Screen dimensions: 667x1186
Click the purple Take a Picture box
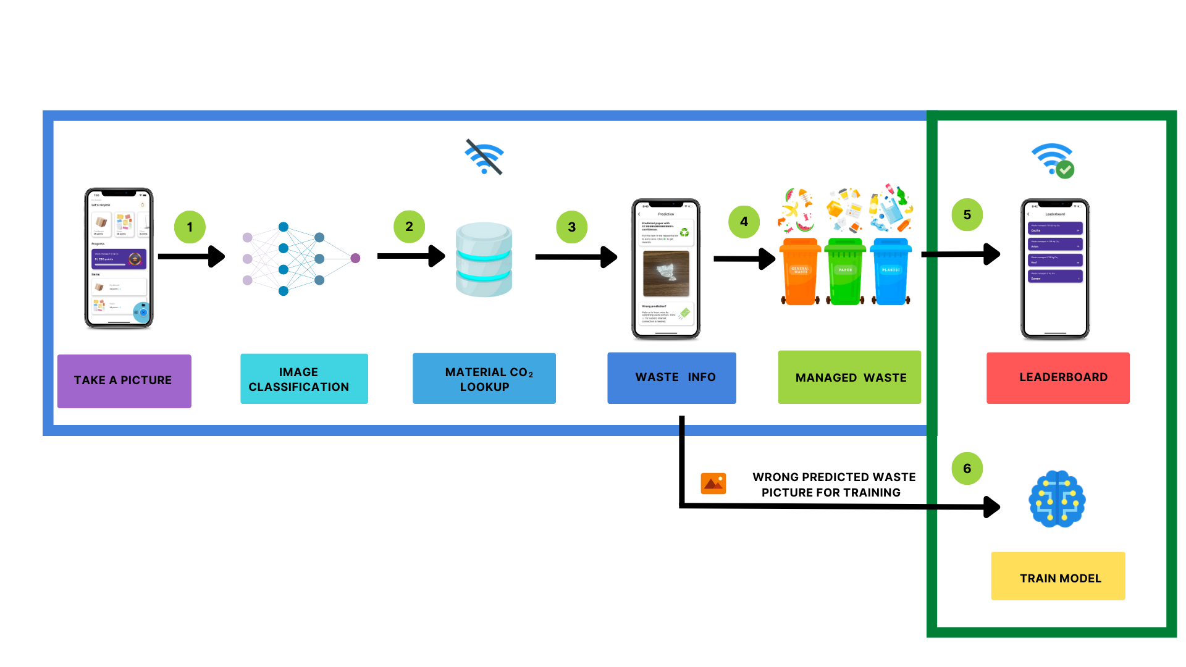pos(124,380)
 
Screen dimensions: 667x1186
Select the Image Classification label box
pos(304,379)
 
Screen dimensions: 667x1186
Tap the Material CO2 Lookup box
pos(484,379)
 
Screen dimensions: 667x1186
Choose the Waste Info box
pos(671,378)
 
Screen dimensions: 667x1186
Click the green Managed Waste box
pos(849,377)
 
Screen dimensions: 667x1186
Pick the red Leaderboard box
pos(1058,378)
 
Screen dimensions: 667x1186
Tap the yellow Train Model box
pos(1058,576)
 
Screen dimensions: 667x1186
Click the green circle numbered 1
pos(190,227)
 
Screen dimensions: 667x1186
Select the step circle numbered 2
pos(409,227)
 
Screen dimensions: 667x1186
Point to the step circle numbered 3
pos(571,227)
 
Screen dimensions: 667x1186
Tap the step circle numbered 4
pos(744,222)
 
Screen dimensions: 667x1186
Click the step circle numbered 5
pos(967,215)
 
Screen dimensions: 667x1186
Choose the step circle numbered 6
pos(967,469)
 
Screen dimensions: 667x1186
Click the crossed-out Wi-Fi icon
pos(485,157)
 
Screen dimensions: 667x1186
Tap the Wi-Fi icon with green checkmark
pos(1053,160)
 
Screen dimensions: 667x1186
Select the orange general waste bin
pos(800,272)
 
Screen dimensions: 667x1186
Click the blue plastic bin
pos(891,272)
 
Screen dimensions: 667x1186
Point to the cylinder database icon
pos(484,259)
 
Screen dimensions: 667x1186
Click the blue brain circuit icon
pos(1057,499)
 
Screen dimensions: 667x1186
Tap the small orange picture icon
pos(713,484)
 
